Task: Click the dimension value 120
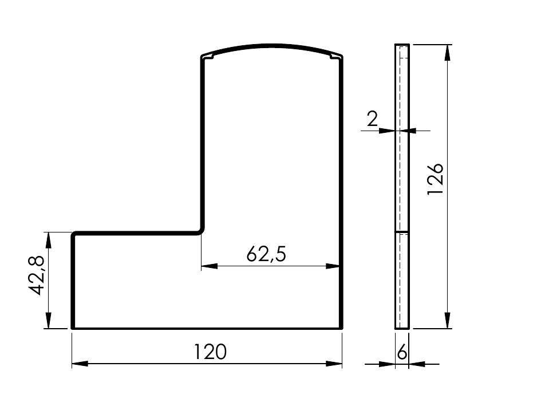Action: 210,352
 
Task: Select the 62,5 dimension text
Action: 266,254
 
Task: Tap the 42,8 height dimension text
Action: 35,275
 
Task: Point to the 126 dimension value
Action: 435,179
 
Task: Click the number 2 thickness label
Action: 372,119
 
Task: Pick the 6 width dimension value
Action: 402,353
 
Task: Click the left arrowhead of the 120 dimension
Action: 80,364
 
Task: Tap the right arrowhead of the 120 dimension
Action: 334,364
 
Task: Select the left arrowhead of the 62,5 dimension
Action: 210,266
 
